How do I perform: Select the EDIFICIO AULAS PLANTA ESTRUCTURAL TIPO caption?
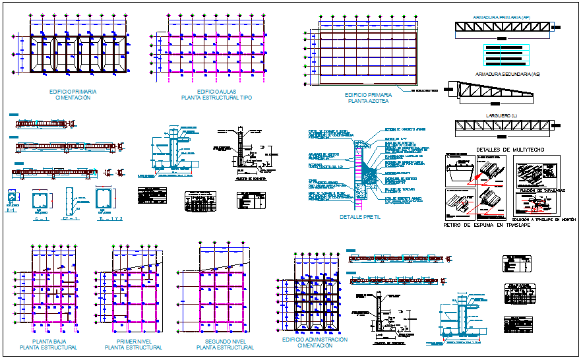click(216, 94)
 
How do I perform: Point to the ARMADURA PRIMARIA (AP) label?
click(503, 17)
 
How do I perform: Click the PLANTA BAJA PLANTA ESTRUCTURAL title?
click(48, 344)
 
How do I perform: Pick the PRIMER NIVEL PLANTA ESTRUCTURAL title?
click(134, 344)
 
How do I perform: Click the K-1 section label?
click(11, 210)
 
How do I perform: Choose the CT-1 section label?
click(71, 218)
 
